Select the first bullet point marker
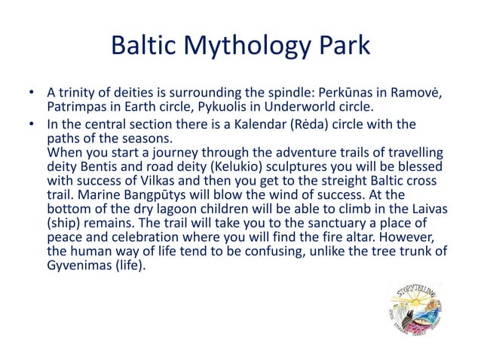pos(31,93)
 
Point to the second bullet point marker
pos(31,124)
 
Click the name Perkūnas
pos(332,93)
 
